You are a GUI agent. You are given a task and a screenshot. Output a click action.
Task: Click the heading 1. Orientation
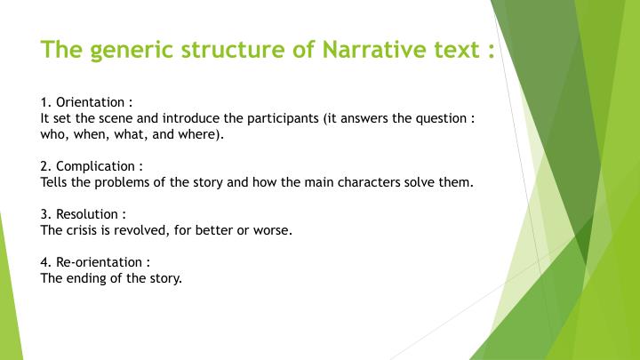(86, 102)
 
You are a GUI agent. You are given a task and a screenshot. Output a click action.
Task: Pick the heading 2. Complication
(92, 166)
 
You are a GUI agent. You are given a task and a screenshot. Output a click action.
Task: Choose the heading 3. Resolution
(84, 214)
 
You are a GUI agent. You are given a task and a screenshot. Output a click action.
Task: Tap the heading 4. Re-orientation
(95, 262)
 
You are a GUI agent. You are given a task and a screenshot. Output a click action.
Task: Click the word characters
(364, 182)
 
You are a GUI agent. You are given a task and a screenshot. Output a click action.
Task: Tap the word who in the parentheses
(54, 135)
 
